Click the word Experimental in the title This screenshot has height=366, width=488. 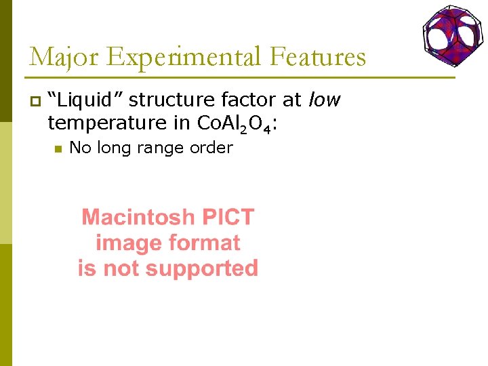184,57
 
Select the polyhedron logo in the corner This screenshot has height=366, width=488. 452,33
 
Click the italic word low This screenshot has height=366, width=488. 325,101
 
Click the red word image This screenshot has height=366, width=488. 129,243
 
